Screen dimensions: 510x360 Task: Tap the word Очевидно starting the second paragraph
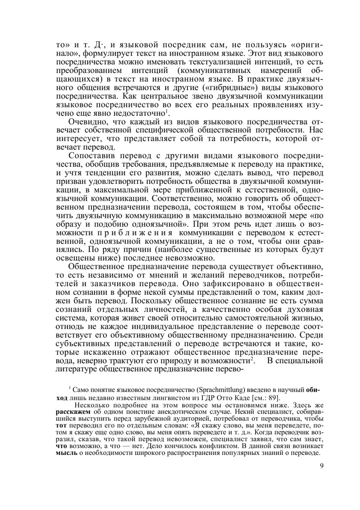pyautogui.click(x=85, y=122)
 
